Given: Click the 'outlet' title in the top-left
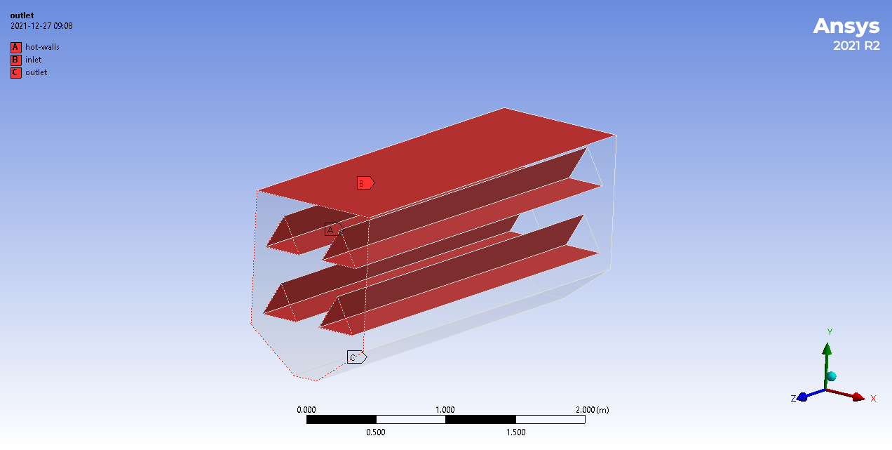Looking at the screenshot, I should tap(22, 15).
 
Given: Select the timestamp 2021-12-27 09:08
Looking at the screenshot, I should tap(41, 26).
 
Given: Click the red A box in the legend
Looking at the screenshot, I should tap(15, 47).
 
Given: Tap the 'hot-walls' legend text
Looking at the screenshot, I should tap(42, 47).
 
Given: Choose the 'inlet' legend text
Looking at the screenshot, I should tap(34, 60).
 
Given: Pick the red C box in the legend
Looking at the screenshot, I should tap(15, 72).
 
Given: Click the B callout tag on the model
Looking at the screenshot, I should tap(365, 183).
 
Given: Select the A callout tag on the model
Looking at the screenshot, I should tap(332, 230).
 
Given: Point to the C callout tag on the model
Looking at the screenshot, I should tap(356, 357).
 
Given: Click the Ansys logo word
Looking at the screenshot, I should tap(846, 27).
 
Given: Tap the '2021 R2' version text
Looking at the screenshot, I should tap(856, 46).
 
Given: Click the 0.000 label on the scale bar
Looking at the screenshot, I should tap(306, 410).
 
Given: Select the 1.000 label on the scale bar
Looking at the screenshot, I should tap(445, 410).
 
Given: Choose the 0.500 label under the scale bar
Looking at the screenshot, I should tap(376, 432).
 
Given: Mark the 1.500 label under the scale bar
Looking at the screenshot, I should tap(515, 432).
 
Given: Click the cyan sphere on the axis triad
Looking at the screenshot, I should tap(832, 376).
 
